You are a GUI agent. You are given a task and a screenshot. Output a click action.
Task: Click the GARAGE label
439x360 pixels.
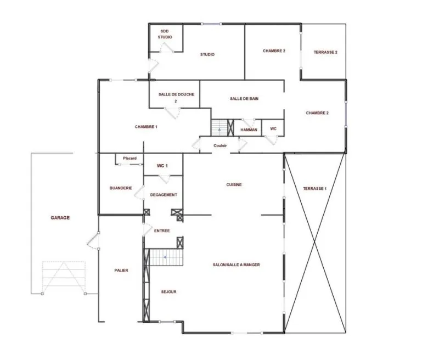pyautogui.click(x=60, y=217)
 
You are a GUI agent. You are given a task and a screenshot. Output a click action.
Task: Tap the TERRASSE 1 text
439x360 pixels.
pyautogui.click(x=314, y=188)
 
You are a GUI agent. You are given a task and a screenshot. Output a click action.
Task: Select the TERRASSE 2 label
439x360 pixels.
pyautogui.click(x=325, y=52)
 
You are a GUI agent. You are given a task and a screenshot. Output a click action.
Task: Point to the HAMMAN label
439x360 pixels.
pyautogui.click(x=249, y=130)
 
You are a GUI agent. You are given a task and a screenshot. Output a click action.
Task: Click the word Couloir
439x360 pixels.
pyautogui.click(x=220, y=145)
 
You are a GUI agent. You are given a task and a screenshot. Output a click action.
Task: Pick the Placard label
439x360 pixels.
pyautogui.click(x=130, y=158)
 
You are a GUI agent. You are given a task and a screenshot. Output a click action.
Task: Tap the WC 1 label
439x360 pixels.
pyautogui.click(x=162, y=166)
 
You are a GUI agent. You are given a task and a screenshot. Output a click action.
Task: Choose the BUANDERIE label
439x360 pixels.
pyautogui.click(x=121, y=188)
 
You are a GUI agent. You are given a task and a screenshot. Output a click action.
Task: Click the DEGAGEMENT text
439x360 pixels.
pyautogui.click(x=164, y=195)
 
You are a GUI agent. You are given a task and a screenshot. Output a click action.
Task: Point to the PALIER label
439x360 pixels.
pyautogui.click(x=121, y=270)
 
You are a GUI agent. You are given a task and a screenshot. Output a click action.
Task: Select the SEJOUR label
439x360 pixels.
pyautogui.click(x=169, y=292)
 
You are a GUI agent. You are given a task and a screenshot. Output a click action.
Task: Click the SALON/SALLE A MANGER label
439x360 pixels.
pyautogui.click(x=237, y=265)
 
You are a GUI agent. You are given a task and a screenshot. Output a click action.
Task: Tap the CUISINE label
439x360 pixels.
pyautogui.click(x=234, y=184)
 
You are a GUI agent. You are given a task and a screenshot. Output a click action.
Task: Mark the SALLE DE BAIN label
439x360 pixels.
pyautogui.click(x=244, y=99)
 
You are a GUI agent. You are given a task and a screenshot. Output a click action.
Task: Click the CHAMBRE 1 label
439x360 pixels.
pyautogui.click(x=146, y=127)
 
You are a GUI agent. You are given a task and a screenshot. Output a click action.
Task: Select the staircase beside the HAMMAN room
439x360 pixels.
pyautogui.click(x=219, y=128)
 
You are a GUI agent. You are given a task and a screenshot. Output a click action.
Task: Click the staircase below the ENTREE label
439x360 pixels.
pyautogui.click(x=166, y=257)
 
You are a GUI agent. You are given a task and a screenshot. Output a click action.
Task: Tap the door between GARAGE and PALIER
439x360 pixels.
pyautogui.click(x=93, y=240)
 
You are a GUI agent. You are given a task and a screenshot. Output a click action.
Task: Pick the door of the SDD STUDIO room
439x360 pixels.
pyautogui.click(x=167, y=48)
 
